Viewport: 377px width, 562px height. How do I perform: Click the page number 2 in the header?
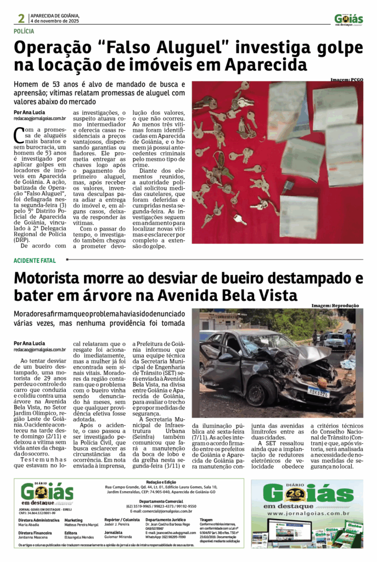point(21,18)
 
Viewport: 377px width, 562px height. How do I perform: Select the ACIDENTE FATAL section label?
point(35,260)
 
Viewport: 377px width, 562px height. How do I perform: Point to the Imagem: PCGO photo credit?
point(346,80)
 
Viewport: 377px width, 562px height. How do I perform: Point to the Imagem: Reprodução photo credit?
point(335,306)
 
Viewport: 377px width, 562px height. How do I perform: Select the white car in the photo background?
point(334,340)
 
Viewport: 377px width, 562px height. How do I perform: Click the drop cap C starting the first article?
point(19,133)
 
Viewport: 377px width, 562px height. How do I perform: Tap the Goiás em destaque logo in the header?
point(348,20)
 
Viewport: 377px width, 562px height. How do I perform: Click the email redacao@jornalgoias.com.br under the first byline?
point(40,119)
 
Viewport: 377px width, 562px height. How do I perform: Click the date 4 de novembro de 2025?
point(55,20)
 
